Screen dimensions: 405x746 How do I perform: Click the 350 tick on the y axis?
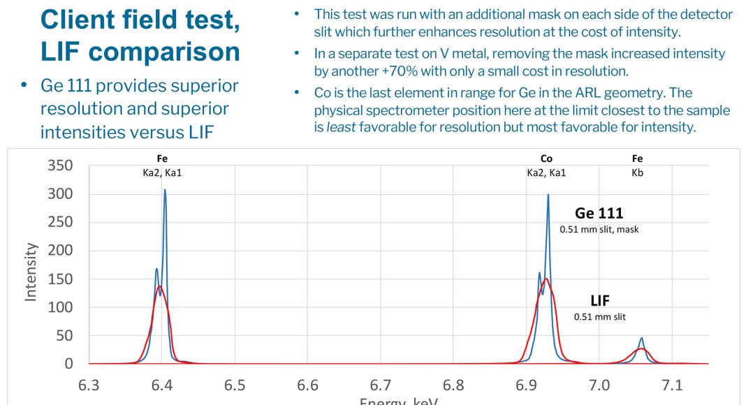click(x=59, y=165)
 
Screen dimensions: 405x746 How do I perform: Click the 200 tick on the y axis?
click(x=59, y=251)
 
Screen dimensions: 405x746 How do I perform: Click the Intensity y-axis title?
click(x=31, y=272)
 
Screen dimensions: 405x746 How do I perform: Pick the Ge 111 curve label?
click(x=599, y=214)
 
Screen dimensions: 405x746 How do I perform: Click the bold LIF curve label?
click(x=599, y=301)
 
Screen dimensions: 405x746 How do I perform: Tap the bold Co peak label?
click(x=546, y=159)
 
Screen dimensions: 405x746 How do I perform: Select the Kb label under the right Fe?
click(x=637, y=172)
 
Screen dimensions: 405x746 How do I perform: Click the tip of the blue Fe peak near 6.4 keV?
click(x=165, y=190)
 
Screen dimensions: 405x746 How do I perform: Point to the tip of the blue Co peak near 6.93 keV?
click(x=548, y=195)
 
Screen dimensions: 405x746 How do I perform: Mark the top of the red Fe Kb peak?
click(x=641, y=348)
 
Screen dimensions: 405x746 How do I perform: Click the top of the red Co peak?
click(x=545, y=279)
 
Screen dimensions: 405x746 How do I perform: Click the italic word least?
click(x=340, y=128)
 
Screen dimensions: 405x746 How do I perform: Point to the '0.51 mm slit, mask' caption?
click(x=599, y=229)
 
